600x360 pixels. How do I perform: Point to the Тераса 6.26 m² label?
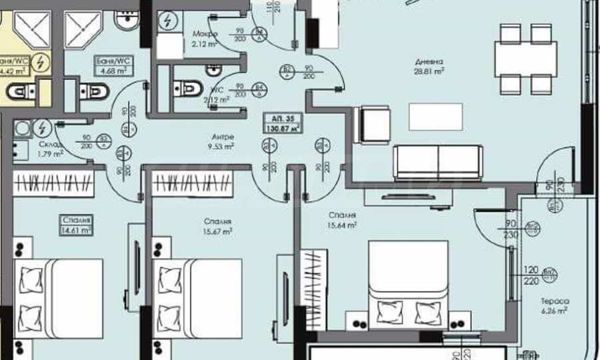554,305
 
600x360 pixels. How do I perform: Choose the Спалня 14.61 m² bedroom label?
76,225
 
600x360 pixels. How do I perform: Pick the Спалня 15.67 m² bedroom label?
218,227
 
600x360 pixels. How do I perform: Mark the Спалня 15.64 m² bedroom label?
341,220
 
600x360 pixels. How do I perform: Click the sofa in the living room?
437,162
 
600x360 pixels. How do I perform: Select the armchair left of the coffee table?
375,125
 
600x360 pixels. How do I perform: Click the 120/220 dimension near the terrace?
531,276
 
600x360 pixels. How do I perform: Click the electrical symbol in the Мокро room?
165,21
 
